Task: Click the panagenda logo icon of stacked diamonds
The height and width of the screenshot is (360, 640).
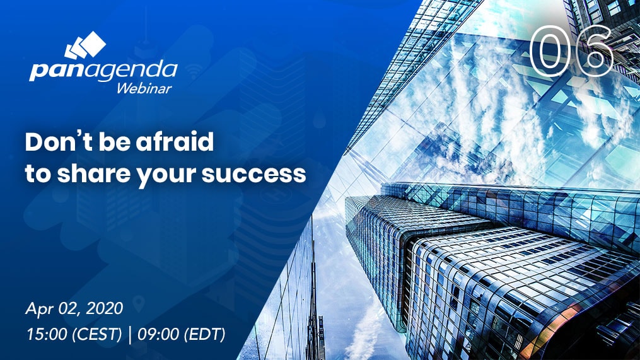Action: (x=85, y=45)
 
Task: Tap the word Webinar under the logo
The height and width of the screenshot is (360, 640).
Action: (x=144, y=88)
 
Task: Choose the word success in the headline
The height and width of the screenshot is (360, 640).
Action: (x=254, y=175)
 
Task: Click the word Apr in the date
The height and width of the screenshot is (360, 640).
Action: (x=40, y=309)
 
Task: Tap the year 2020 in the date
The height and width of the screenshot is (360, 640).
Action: (x=105, y=308)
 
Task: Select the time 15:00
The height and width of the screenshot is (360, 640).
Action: (x=47, y=334)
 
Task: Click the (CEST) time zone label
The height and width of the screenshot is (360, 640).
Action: (x=96, y=335)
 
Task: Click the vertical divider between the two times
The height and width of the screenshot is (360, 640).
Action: (x=130, y=335)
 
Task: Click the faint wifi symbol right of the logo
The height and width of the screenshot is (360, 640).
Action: (x=195, y=73)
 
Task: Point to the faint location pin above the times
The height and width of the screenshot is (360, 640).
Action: (x=139, y=304)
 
